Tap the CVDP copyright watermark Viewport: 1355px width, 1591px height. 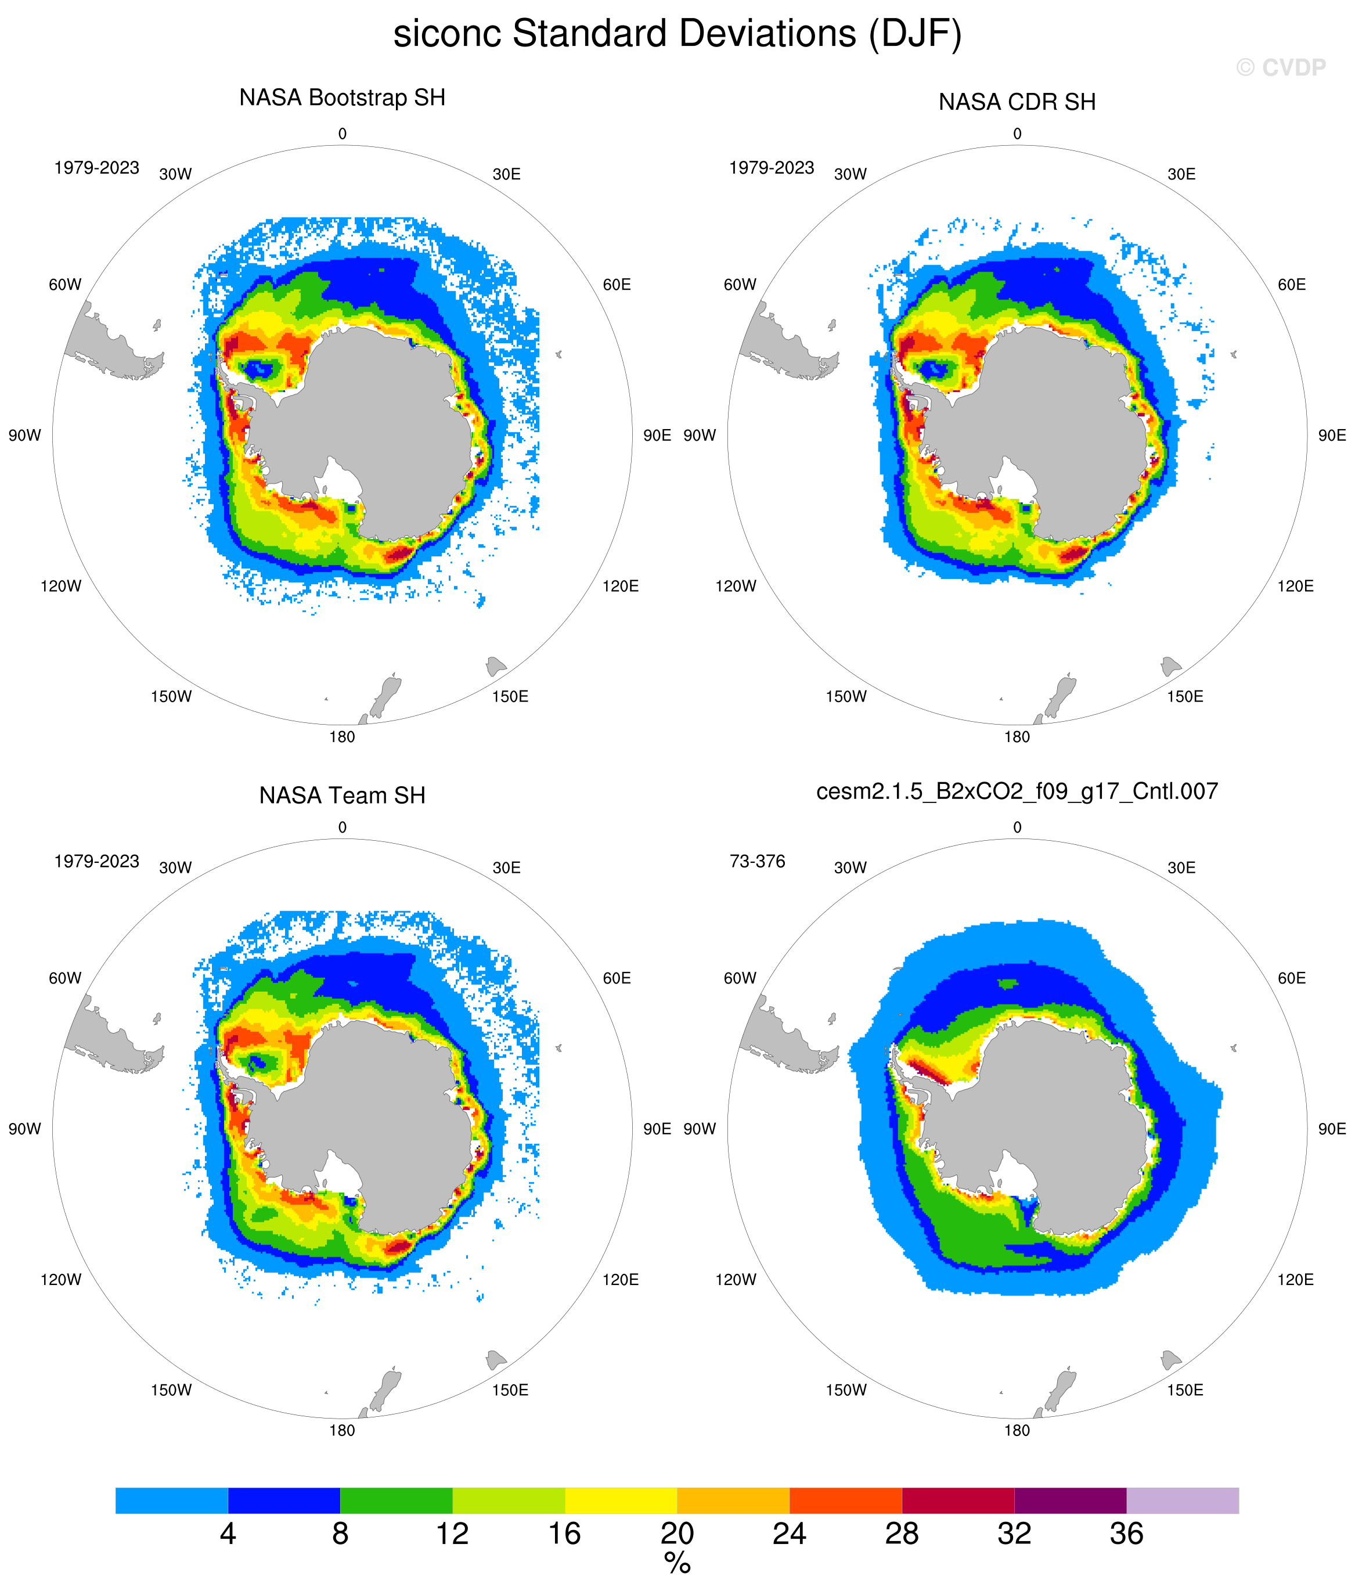pyautogui.click(x=1281, y=67)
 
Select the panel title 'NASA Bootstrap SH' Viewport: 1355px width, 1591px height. pyautogui.click(x=343, y=98)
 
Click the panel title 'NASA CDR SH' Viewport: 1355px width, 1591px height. pyautogui.click(x=1017, y=102)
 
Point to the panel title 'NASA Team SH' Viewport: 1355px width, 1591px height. pyautogui.click(x=343, y=796)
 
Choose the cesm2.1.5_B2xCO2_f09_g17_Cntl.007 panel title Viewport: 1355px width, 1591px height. pyautogui.click(x=1017, y=791)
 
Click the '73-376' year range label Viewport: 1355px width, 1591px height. pyautogui.click(x=757, y=862)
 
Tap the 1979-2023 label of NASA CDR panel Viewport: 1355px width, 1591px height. pyautogui.click(x=772, y=168)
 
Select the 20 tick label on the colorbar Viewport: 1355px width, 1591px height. pyautogui.click(x=677, y=1534)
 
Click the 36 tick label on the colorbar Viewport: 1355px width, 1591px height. pyautogui.click(x=1126, y=1534)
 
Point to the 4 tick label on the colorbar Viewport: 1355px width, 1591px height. pyautogui.click(x=228, y=1534)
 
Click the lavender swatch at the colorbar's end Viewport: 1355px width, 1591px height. pyautogui.click(x=1182, y=1500)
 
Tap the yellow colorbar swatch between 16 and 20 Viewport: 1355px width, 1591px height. pyautogui.click(x=621, y=1500)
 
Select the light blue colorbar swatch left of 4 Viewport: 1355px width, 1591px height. pyautogui.click(x=172, y=1500)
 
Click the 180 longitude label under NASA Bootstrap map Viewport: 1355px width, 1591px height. pyautogui.click(x=343, y=737)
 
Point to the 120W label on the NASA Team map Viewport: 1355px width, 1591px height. pyautogui.click(x=60, y=1279)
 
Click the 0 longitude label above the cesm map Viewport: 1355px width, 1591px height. pyautogui.click(x=1017, y=828)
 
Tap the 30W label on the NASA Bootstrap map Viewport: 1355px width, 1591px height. pyautogui.click(x=175, y=174)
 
